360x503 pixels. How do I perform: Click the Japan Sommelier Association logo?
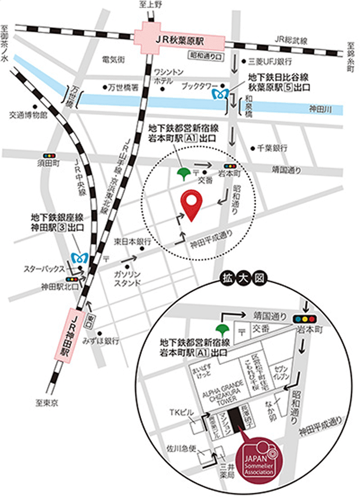coord(258,461)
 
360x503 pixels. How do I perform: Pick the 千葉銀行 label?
coord(272,147)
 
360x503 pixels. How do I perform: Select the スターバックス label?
coord(44,270)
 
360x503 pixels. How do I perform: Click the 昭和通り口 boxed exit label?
coord(206,55)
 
